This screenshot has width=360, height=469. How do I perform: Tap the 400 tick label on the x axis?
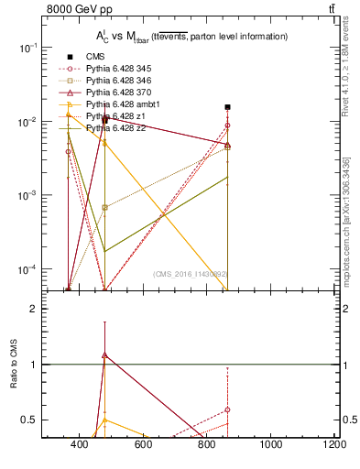79,446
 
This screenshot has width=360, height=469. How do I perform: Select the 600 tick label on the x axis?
143,446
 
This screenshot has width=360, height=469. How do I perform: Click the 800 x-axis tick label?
207,446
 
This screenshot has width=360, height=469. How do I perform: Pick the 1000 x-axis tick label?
271,446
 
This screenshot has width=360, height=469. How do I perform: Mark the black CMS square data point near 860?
227,107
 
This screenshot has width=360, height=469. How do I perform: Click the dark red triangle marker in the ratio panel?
105,354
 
